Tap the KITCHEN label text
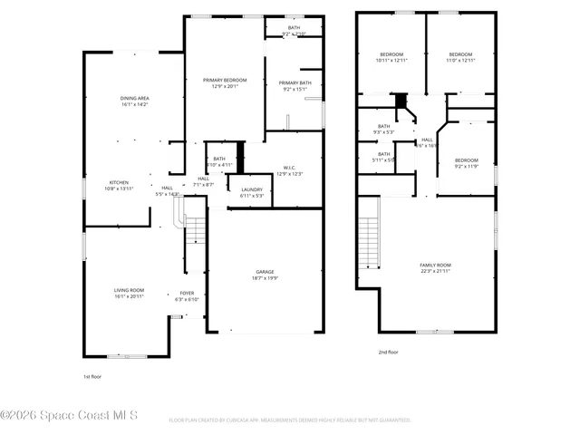pyautogui.click(x=120, y=185)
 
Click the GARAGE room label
pyautogui.click(x=265, y=274)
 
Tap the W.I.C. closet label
pyautogui.click(x=288, y=170)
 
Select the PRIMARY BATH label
pyautogui.click(x=295, y=86)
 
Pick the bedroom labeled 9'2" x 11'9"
pyautogui.click(x=466, y=162)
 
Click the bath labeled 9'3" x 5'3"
pyautogui.click(x=383, y=129)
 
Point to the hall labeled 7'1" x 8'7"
pyautogui.click(x=204, y=181)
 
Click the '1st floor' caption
pyautogui.click(x=92, y=373)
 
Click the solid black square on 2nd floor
pyautogui.click(x=401, y=100)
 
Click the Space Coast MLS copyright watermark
pyautogui.click(x=69, y=416)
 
